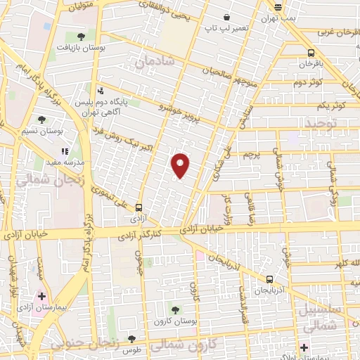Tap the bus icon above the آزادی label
[139, 207]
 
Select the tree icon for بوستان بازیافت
[81, 35]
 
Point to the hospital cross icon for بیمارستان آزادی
[41, 295]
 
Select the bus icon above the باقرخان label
[311, 53]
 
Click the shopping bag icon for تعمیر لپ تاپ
[226, 18]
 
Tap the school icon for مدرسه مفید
[65, 150]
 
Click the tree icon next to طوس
[131, 340]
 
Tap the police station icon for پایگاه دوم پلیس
[101, 90]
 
